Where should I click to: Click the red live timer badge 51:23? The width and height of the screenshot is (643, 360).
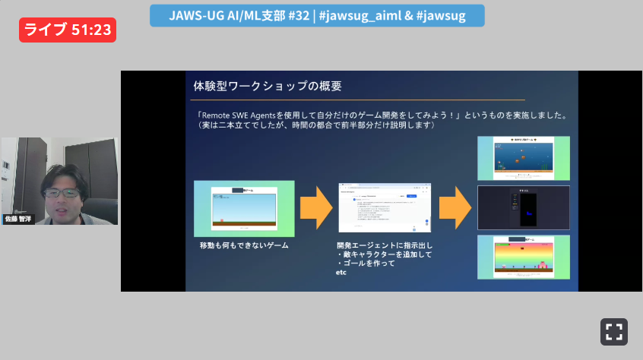[68, 30]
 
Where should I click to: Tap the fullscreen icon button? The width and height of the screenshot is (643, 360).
[614, 332]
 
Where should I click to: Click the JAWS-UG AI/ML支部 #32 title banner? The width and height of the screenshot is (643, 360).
[317, 15]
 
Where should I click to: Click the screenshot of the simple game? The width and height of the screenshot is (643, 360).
[244, 207]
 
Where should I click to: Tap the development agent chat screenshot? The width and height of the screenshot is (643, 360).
[385, 207]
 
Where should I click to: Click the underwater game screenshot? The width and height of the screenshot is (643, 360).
[523, 157]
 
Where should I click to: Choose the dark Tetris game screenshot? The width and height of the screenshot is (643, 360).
[523, 207]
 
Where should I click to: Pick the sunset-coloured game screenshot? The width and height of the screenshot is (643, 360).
[523, 257]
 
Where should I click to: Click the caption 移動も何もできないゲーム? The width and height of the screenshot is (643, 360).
[244, 246]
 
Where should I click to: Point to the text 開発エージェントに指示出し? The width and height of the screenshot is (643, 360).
[385, 246]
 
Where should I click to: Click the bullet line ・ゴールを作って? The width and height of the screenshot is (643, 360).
[366, 264]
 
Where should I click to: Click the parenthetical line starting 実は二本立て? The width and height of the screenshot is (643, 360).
[315, 125]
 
